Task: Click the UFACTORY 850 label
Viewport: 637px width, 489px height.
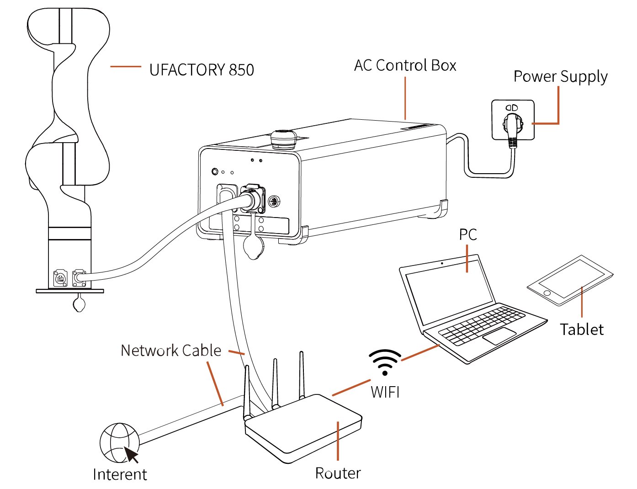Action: pyautogui.click(x=202, y=70)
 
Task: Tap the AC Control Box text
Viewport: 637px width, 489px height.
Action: pyautogui.click(x=405, y=65)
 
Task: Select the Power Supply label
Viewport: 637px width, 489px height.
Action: pyautogui.click(x=561, y=76)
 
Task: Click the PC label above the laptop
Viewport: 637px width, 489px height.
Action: pyautogui.click(x=468, y=234)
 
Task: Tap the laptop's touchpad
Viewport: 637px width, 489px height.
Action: pyautogui.click(x=499, y=336)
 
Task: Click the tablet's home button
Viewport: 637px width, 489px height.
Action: pyautogui.click(x=547, y=293)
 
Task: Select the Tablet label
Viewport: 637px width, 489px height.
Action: pyautogui.click(x=582, y=329)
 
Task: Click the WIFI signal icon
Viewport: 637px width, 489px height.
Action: pyautogui.click(x=385, y=362)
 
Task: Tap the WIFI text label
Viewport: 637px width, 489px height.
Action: pyautogui.click(x=385, y=392)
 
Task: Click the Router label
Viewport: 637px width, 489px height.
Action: pyautogui.click(x=338, y=473)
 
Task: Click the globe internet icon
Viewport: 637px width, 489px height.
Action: pyautogui.click(x=119, y=443)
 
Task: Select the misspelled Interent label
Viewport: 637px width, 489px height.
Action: pyautogui.click(x=120, y=474)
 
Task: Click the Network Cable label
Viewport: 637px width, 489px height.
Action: pyautogui.click(x=171, y=351)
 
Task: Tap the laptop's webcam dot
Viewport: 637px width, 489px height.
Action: pyautogui.click(x=442, y=263)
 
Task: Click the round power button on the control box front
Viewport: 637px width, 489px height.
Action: pyautogui.click(x=215, y=171)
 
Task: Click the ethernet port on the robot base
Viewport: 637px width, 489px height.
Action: pyautogui.click(x=60, y=278)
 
